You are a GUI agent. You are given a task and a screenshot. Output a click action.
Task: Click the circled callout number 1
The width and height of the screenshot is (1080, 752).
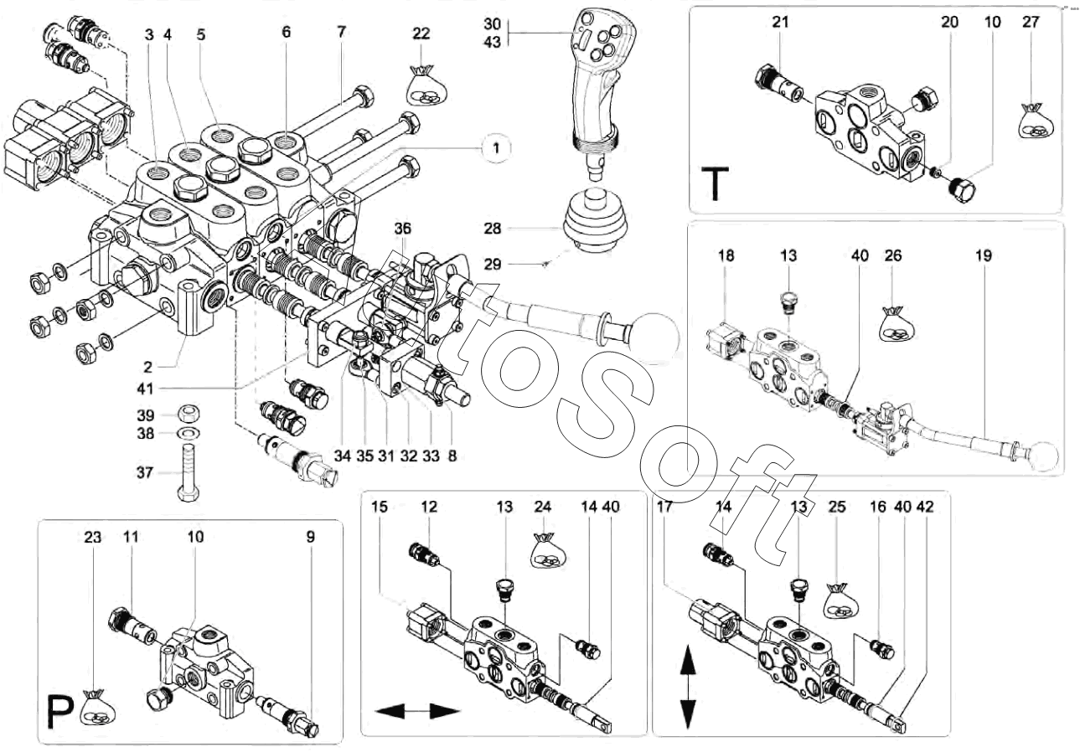click(496, 148)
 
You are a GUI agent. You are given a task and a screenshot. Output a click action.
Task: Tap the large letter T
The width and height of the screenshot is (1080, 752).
click(714, 184)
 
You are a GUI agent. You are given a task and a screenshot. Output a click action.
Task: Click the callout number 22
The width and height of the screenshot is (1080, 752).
click(421, 33)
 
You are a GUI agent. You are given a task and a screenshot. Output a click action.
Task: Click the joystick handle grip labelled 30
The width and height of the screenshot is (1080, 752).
click(596, 75)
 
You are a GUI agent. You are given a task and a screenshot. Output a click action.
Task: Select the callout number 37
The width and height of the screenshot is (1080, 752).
click(145, 473)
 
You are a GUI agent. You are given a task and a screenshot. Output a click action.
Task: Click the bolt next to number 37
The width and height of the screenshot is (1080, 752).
click(187, 471)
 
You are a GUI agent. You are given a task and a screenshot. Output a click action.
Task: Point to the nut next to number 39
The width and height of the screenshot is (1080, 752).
click(189, 414)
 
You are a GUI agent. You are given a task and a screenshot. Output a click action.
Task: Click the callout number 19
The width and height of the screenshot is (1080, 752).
click(983, 255)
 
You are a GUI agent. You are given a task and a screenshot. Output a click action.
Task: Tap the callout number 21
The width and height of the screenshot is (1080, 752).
click(780, 23)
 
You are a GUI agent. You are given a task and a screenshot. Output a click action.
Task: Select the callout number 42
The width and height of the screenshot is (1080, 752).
click(924, 507)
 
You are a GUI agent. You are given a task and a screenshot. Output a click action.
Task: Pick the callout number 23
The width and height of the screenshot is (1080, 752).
click(93, 537)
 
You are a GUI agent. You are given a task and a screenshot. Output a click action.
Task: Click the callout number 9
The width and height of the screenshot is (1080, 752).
click(310, 537)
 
